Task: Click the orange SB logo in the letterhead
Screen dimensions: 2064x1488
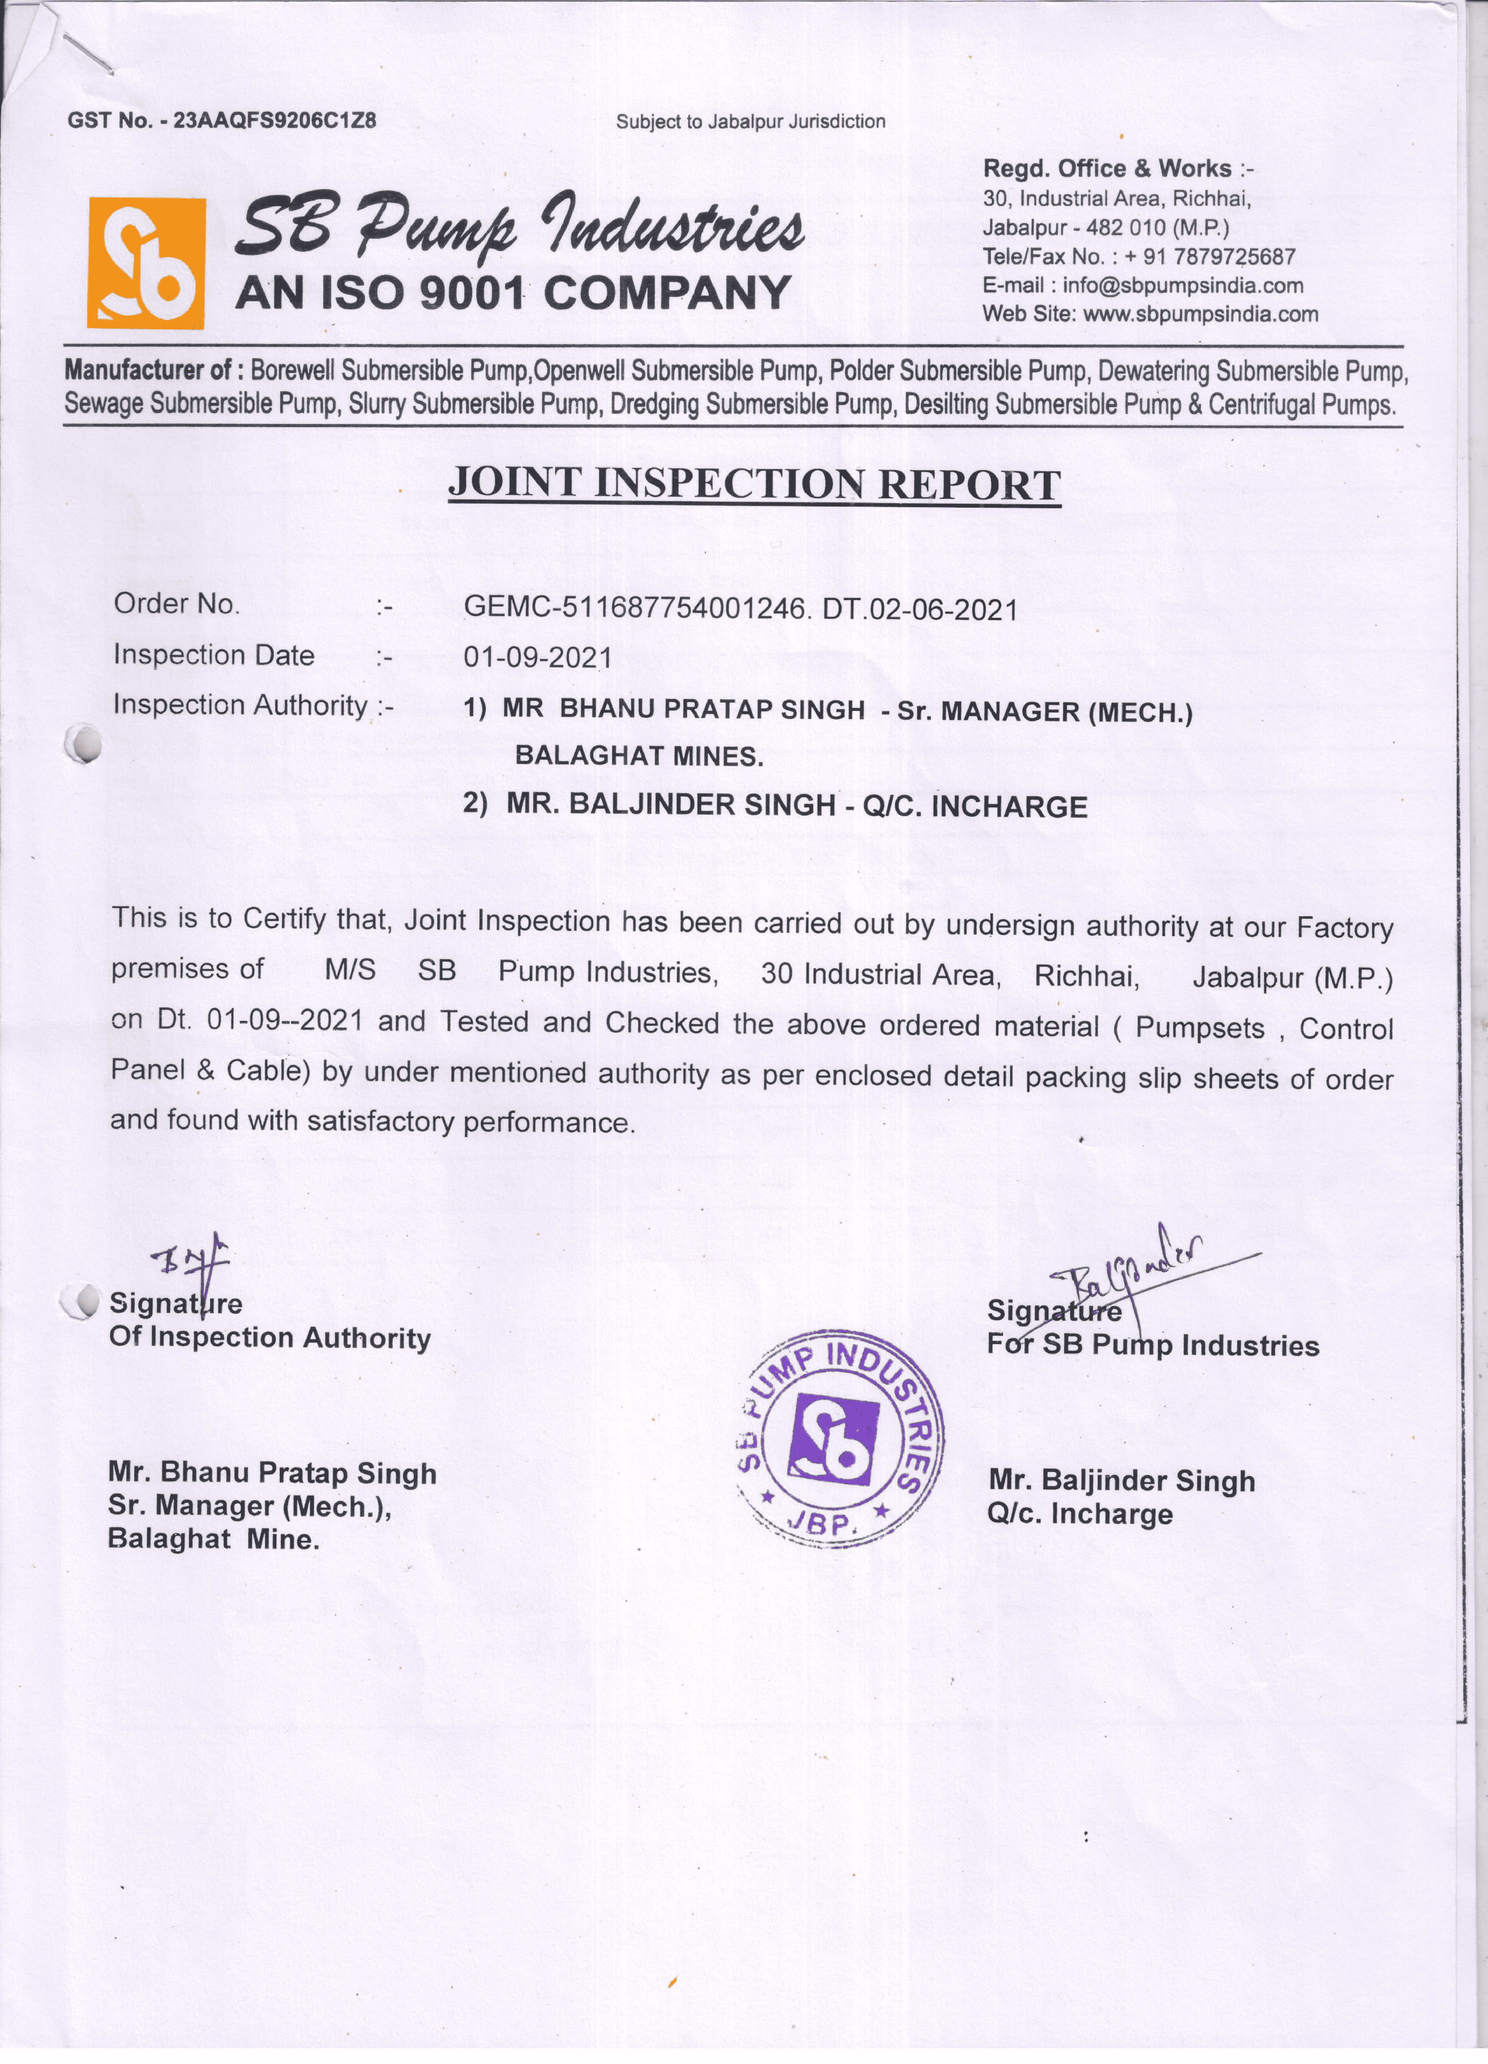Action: tap(145, 263)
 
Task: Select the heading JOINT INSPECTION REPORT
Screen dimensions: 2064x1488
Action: tap(755, 484)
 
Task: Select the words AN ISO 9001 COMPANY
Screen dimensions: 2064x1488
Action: tap(512, 293)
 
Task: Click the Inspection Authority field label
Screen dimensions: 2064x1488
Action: tap(240, 705)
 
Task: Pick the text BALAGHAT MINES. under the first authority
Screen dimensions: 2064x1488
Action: tap(639, 756)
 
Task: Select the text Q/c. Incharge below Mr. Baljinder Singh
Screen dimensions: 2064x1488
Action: tap(1079, 1514)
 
